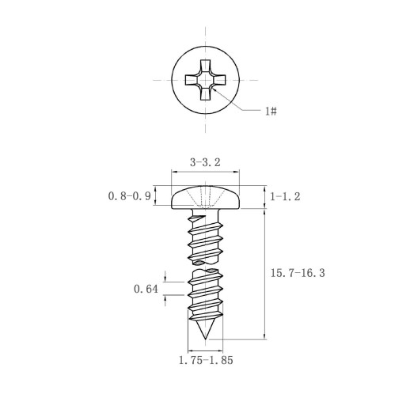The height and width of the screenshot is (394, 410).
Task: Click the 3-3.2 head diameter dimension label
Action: pyautogui.click(x=205, y=162)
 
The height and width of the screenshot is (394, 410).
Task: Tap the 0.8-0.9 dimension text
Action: pyautogui.click(x=130, y=196)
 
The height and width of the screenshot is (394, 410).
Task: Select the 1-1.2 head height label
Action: pyautogui.click(x=285, y=196)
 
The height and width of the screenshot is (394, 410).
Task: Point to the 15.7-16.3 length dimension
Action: pyautogui.click(x=298, y=273)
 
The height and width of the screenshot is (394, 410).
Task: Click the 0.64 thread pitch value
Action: pyautogui.click(x=146, y=289)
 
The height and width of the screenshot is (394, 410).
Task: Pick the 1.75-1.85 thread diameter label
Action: pyautogui.click(x=206, y=360)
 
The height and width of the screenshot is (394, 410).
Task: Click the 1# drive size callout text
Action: pyautogui.click(x=271, y=111)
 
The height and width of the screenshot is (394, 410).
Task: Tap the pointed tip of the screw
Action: pyautogui.click(x=205, y=339)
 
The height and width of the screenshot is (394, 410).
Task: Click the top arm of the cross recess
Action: pyautogui.click(x=205, y=66)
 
